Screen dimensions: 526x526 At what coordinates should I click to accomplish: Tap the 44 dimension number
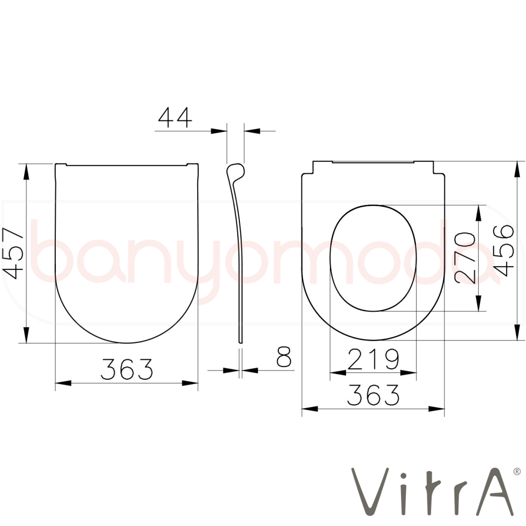[x=175, y=117]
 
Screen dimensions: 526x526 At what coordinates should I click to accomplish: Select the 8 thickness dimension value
[x=284, y=357]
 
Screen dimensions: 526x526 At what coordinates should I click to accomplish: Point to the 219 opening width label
[x=373, y=359]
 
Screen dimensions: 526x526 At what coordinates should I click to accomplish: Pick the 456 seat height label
[x=503, y=250]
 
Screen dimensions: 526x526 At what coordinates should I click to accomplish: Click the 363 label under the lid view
[x=127, y=369]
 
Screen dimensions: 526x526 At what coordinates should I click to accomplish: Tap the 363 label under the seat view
[x=373, y=394]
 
